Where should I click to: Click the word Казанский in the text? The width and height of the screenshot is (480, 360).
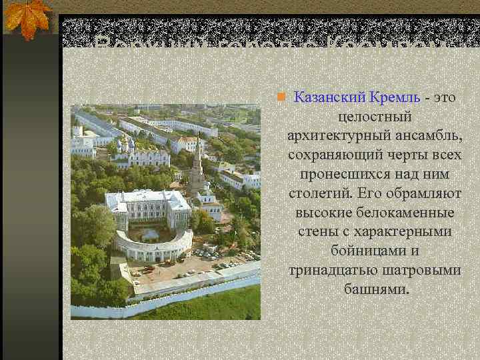click(325, 97)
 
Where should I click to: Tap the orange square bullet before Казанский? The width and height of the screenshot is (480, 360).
click(281, 97)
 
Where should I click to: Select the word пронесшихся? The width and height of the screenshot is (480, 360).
click(343, 175)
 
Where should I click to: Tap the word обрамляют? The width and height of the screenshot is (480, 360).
click(419, 194)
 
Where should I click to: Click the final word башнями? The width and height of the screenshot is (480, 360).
click(378, 290)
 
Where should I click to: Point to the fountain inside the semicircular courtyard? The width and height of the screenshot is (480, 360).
click(149, 234)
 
